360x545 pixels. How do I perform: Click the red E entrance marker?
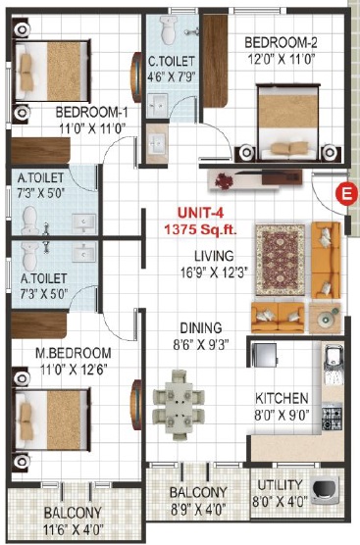[x=346, y=193]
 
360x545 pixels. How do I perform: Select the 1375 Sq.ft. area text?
[x=200, y=229]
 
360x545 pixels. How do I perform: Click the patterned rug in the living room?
[x=280, y=260]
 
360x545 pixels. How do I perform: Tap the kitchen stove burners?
[x=332, y=416]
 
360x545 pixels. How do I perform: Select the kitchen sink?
[x=334, y=364]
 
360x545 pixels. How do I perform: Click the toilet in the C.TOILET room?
[x=169, y=29]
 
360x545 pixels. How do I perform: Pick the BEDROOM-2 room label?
[x=281, y=43]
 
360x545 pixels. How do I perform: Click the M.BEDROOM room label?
[x=74, y=353]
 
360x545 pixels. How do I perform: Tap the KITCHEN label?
[x=282, y=398]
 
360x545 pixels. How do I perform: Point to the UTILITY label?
[x=280, y=484]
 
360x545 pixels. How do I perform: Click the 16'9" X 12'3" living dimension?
[x=214, y=272]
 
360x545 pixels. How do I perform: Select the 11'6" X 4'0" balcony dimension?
[x=73, y=530]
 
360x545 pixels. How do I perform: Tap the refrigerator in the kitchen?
[x=263, y=355]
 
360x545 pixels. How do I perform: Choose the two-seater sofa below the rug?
[x=278, y=317]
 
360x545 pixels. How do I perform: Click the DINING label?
[x=201, y=327]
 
